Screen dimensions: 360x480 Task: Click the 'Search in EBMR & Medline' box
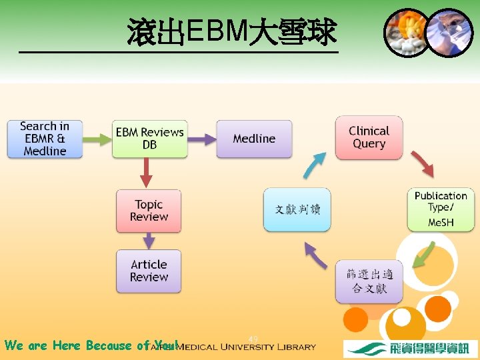(x=45, y=139)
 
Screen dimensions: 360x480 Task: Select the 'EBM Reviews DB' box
(x=149, y=139)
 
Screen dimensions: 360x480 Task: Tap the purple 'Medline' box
(x=254, y=139)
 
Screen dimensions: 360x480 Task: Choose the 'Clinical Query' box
(x=369, y=138)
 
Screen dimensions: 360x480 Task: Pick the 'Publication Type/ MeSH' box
(x=441, y=209)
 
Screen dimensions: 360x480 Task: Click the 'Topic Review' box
(x=149, y=211)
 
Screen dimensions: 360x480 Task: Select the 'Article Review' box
(x=149, y=271)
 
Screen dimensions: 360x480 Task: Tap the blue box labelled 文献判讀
(x=297, y=210)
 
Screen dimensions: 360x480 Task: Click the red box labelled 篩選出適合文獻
(x=369, y=281)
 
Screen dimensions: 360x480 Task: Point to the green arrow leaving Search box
(x=97, y=139)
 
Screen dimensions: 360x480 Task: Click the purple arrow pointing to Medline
(x=201, y=139)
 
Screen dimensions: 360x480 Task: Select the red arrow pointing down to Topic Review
(x=147, y=174)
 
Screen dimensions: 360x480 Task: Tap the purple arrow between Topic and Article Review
(x=149, y=241)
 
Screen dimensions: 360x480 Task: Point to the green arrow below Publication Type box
(x=423, y=255)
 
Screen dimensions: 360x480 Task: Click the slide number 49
(x=253, y=339)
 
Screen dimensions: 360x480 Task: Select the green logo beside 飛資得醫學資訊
(x=367, y=349)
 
